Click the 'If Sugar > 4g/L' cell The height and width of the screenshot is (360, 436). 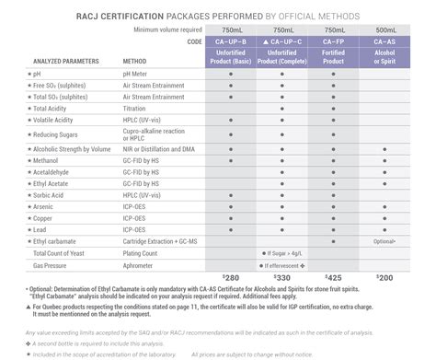click(x=282, y=251)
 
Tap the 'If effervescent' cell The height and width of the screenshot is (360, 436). click(x=282, y=264)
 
